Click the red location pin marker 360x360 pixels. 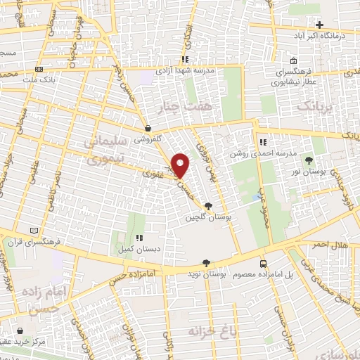tap(181, 165)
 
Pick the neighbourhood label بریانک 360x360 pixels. tap(312, 107)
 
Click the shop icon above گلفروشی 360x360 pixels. tap(148, 129)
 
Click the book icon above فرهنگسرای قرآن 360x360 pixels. tap(35, 230)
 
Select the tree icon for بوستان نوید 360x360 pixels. tap(205, 263)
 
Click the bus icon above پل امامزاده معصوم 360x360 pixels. tap(263, 263)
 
